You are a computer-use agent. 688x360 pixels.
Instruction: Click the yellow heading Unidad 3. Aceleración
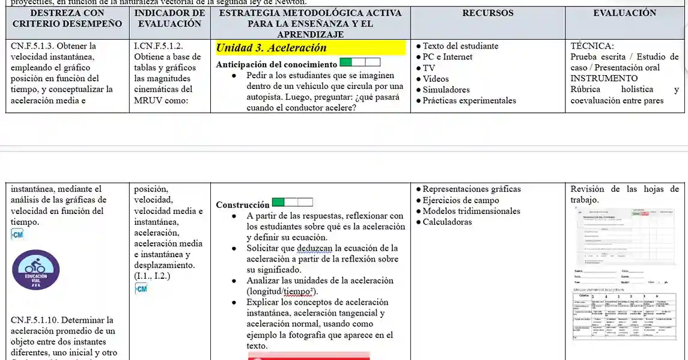click(x=271, y=48)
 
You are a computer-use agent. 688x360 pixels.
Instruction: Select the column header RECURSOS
click(x=488, y=13)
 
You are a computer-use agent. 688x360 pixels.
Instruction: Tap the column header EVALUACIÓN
click(x=624, y=13)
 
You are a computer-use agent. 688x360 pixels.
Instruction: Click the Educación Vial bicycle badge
click(x=36, y=270)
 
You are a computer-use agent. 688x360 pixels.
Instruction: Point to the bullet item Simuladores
click(x=446, y=90)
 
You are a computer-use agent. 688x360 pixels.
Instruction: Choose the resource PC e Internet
click(x=447, y=57)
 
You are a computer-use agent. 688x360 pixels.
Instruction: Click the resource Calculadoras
click(x=447, y=222)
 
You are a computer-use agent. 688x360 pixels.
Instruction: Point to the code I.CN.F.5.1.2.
click(x=159, y=46)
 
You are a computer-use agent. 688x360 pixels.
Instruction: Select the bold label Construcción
click(x=243, y=205)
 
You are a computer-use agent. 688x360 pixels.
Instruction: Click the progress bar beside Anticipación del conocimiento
click(x=360, y=62)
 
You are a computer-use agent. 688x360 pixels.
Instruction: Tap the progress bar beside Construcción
click(x=292, y=203)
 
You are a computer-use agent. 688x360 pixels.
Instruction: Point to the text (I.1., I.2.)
click(x=152, y=276)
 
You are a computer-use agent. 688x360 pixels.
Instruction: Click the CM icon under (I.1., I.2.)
click(x=141, y=289)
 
